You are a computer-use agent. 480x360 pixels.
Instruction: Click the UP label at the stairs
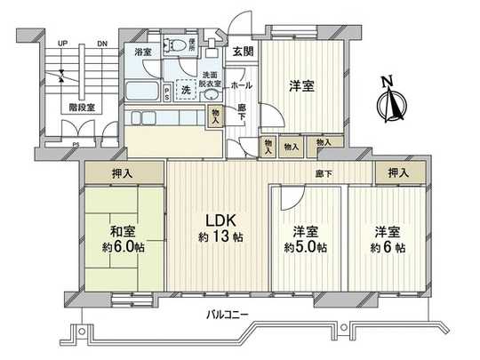click(61, 43)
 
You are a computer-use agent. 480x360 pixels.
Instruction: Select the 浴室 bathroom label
click(142, 52)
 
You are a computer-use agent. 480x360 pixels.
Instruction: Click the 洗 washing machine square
click(186, 91)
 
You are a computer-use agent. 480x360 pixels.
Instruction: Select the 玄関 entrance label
click(242, 51)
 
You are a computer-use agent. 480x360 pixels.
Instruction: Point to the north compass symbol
click(388, 100)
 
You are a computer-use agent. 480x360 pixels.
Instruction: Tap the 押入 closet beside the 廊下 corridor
click(392, 172)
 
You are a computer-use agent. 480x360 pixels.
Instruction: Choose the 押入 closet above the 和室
click(124, 173)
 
